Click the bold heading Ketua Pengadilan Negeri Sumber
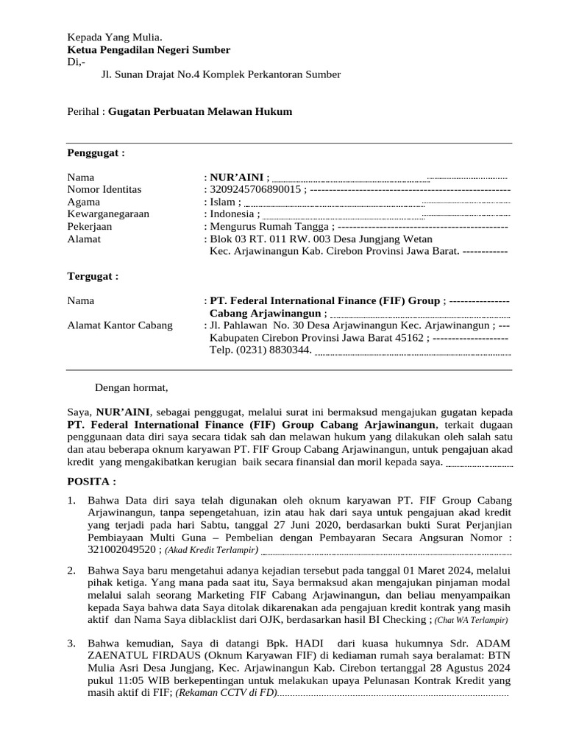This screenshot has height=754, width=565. coord(149,50)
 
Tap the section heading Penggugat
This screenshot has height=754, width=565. coord(96,153)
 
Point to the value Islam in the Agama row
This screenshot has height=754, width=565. coord(223,202)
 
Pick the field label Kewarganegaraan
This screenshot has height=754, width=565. coord(108,214)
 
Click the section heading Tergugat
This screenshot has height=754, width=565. coord(93,276)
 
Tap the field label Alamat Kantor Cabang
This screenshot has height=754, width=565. coord(120,325)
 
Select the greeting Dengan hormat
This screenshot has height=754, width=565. coord(132,387)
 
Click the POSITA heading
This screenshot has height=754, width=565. coord(91,481)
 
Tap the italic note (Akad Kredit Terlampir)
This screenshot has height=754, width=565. coord(211,550)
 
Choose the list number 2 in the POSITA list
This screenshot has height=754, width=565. coord(71,571)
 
